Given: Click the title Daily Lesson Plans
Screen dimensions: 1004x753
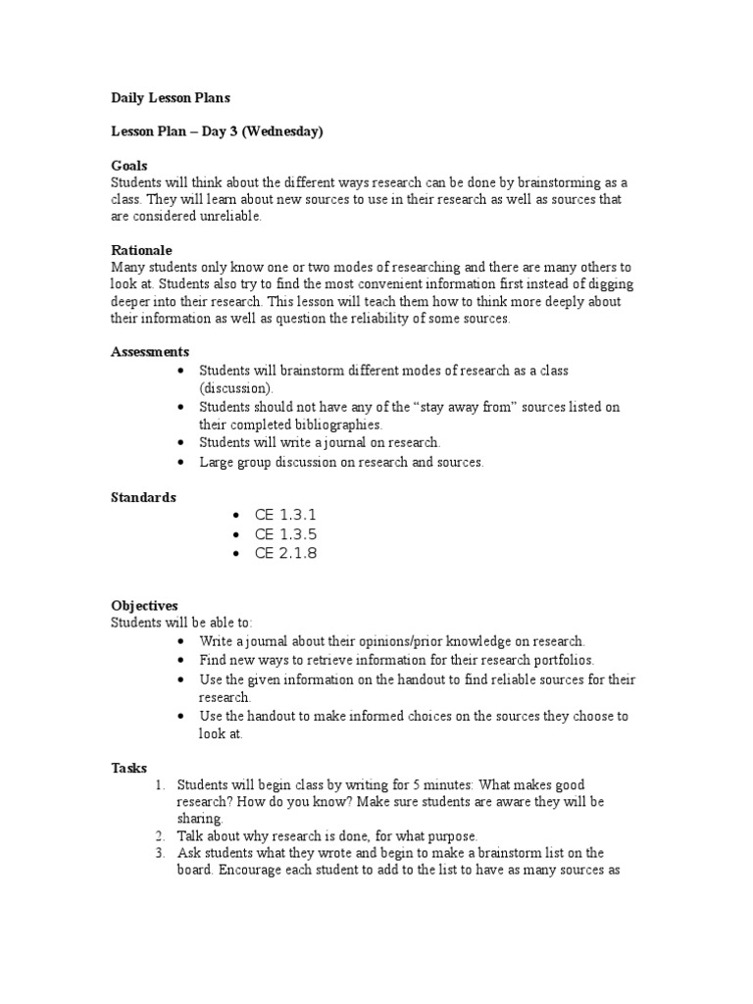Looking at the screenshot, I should coord(171,98).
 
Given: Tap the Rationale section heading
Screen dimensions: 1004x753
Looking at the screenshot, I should coord(141,251).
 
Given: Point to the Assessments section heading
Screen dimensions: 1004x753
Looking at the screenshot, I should coord(150,352).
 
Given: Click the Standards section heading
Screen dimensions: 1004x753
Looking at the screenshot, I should coord(143,497).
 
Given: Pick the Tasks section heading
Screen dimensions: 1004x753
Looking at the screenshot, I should coord(128,768).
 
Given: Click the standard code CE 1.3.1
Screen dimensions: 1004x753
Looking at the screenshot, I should coord(286,516).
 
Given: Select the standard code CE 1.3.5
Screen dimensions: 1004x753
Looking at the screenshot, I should coord(286,534).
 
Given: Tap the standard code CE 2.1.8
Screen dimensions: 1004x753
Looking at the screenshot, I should coord(286,554).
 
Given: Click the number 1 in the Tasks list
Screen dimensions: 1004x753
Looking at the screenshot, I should coord(160,785).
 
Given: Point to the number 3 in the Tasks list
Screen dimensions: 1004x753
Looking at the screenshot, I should coord(160,853).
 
